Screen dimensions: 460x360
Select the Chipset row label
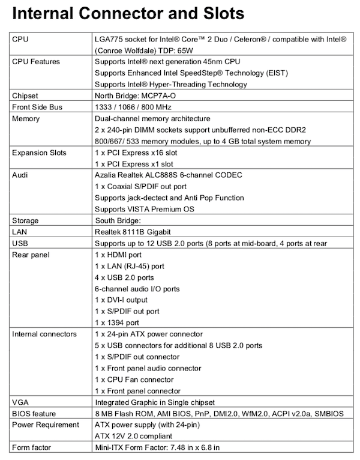pyautogui.click(x=27, y=95)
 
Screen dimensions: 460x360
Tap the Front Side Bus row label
pyautogui.click(x=37, y=107)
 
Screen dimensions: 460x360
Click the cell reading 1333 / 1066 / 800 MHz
pyautogui.click(x=133, y=107)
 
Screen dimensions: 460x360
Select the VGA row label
pyautogui.click(x=20, y=402)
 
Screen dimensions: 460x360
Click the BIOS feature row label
pyautogui.click(x=34, y=413)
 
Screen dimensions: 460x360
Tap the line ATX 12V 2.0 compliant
pyautogui.click(x=137, y=436)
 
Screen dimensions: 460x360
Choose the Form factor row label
pyautogui.click(x=31, y=447)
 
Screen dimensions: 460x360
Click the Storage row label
pyautogui.click(x=26, y=220)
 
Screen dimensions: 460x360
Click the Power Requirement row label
pyautogui.click(x=46, y=425)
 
